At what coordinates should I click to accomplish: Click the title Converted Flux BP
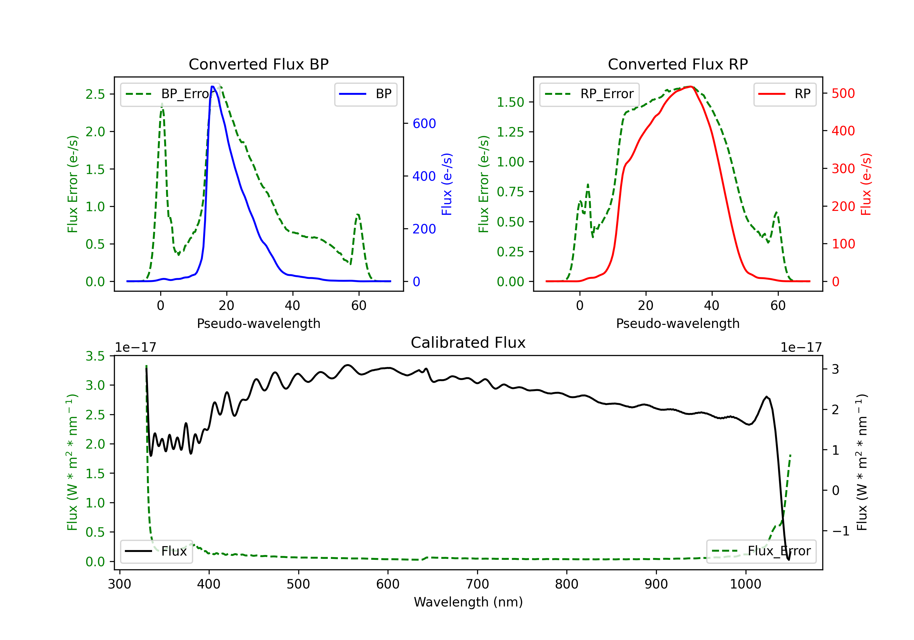(259, 64)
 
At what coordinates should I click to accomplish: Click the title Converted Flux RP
(678, 64)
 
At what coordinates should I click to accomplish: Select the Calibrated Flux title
(468, 343)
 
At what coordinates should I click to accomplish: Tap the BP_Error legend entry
(170, 94)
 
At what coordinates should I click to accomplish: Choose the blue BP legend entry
(365, 94)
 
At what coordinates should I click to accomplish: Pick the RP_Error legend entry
(589, 94)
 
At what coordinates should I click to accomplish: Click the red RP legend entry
(785, 94)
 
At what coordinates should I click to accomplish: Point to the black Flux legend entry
(156, 551)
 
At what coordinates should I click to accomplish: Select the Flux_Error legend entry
(761, 551)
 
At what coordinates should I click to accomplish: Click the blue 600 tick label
(424, 123)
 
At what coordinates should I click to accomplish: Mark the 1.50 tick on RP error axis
(510, 102)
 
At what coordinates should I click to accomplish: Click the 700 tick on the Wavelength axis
(477, 584)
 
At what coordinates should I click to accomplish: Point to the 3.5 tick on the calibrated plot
(95, 356)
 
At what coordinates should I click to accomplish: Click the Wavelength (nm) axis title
(468, 602)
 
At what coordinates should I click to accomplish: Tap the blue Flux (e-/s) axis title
(447, 184)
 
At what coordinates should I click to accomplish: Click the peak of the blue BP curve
(213, 87)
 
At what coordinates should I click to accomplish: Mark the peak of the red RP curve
(691, 87)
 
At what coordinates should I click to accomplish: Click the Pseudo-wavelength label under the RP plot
(678, 323)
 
